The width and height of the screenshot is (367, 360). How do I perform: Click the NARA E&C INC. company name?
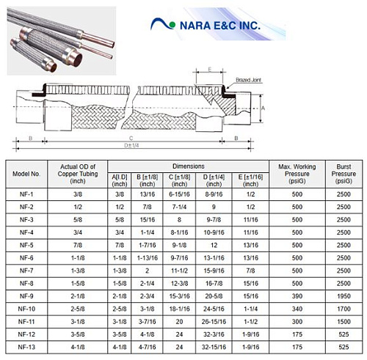(x=220, y=26)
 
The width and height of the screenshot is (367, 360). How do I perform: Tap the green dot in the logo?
(x=172, y=25)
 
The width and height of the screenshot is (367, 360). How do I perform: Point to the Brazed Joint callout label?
(x=248, y=80)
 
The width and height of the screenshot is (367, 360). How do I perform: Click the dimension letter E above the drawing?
(x=210, y=70)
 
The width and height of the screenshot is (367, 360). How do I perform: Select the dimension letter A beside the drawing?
(x=264, y=108)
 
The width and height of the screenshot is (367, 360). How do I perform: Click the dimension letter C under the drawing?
(x=131, y=139)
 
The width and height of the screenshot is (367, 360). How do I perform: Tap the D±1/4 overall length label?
(x=131, y=145)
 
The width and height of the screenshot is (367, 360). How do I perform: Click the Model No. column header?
(x=26, y=174)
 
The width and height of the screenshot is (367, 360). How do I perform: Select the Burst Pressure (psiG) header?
(x=344, y=174)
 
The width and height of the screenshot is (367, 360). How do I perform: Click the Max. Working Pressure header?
(x=297, y=174)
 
